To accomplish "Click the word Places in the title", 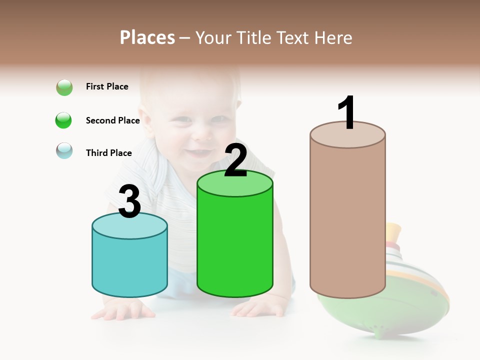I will point(147,37).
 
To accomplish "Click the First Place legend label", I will point(107,86).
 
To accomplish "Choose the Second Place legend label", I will point(112,120).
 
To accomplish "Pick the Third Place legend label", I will point(108,153).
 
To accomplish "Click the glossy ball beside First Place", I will point(64,87).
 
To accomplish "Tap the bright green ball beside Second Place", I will point(64,120).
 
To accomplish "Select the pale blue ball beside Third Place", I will point(64,151).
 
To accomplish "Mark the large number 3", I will point(130,202).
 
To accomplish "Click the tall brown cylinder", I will point(347,220).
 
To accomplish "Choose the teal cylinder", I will point(129,265).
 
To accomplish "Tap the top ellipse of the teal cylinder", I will point(129,226).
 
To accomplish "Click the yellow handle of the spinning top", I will point(393,233).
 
